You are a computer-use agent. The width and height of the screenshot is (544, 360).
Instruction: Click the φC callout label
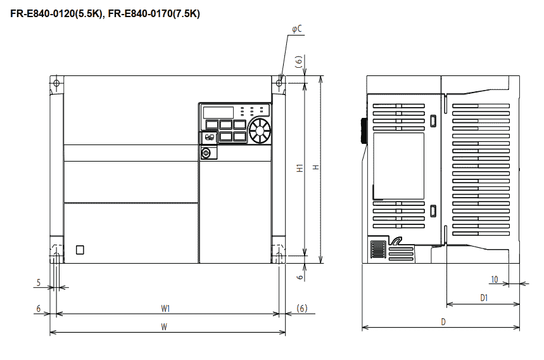[296, 29]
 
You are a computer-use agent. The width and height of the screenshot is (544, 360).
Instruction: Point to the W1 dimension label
[165, 309]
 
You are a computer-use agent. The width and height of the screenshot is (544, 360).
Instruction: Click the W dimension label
[164, 327]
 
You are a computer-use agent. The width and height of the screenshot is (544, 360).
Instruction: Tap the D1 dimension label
[483, 297]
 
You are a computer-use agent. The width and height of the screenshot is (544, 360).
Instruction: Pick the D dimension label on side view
[443, 322]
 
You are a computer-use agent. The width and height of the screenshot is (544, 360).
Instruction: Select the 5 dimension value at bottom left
[39, 283]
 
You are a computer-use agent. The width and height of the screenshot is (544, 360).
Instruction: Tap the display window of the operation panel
[217, 112]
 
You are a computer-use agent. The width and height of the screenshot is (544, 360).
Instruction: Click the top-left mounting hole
[56, 83]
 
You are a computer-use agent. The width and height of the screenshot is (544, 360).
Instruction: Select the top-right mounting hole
[279, 82]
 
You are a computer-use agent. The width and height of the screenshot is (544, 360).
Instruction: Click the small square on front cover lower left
[79, 250]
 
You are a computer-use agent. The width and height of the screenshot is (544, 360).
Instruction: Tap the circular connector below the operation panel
[205, 153]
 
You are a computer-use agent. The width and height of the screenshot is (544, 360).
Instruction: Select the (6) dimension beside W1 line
[302, 309]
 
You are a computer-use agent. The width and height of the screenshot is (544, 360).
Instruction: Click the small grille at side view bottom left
[377, 249]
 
